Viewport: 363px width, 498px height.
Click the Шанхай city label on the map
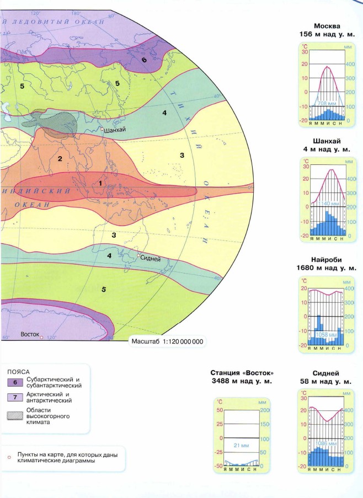[x=115, y=131]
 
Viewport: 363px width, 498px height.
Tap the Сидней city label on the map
[x=151, y=257]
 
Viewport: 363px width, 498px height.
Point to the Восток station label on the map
[x=30, y=334]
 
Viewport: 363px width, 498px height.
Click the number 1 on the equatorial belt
[x=100, y=183]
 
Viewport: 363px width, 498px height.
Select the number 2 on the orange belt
[x=59, y=159]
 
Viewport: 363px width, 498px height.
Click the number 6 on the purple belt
[x=144, y=60]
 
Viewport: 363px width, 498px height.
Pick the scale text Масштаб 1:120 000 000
[x=167, y=341]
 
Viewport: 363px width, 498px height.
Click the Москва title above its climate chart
[x=327, y=26]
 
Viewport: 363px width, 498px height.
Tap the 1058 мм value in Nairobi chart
[x=327, y=335]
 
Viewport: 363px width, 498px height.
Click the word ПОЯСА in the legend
[x=18, y=372]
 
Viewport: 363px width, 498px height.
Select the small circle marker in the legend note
[x=9, y=457]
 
